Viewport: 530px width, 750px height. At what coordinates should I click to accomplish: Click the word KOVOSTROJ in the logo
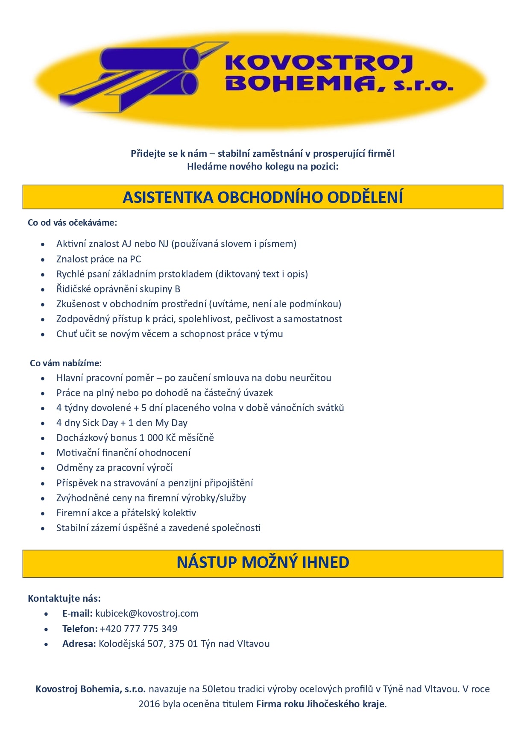click(x=318, y=63)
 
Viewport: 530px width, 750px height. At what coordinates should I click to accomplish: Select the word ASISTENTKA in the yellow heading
click(x=168, y=197)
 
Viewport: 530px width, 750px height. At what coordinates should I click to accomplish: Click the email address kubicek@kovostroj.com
click(x=146, y=614)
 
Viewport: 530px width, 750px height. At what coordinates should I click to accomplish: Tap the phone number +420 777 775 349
click(x=138, y=629)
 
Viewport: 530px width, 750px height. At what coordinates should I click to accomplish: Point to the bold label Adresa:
click(x=79, y=644)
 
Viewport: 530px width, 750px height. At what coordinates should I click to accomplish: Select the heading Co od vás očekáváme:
click(x=72, y=223)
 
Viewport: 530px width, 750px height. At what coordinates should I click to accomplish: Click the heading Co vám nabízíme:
click(x=66, y=363)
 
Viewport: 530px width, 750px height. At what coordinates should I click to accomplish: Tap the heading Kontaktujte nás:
click(x=64, y=598)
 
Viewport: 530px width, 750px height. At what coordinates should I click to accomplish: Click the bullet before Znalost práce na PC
click(x=43, y=259)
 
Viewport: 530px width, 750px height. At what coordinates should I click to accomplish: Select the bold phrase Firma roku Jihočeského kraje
click(x=320, y=704)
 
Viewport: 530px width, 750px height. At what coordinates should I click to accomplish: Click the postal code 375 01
click(x=183, y=644)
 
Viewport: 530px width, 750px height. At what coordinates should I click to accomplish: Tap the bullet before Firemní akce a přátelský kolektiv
click(x=43, y=513)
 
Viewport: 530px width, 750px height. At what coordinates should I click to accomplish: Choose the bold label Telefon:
click(x=80, y=629)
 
